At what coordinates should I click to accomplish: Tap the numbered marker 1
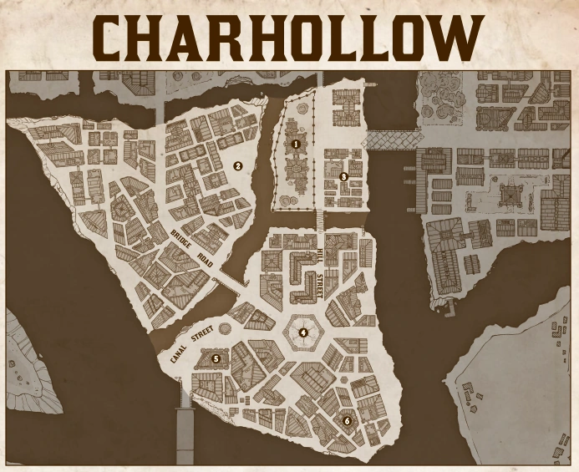[296, 144]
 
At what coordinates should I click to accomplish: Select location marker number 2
[237, 165]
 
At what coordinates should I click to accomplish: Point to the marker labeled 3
[343, 176]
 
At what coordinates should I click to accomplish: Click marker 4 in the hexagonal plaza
[303, 332]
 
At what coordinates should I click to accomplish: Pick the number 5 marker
[216, 358]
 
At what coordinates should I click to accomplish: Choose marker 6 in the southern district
[347, 420]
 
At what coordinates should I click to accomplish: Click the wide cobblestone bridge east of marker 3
[390, 139]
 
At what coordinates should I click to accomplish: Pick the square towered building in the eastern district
[505, 195]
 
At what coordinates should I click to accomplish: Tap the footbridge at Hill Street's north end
[318, 220]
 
